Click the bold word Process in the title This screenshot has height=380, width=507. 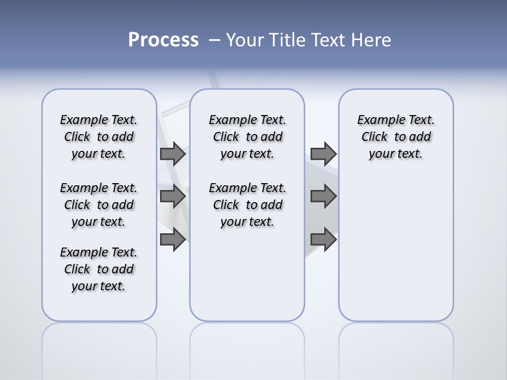point(163,40)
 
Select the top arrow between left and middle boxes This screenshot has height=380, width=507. point(173,154)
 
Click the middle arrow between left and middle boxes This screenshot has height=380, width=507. point(173,196)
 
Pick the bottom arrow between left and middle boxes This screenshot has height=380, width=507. point(173,239)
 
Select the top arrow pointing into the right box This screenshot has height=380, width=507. point(323,154)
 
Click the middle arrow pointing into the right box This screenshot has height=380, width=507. point(323,196)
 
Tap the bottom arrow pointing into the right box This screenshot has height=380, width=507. point(323,239)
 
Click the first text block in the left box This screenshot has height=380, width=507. point(99,137)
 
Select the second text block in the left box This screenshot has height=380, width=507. point(99,205)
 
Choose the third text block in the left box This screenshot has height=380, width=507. point(99,269)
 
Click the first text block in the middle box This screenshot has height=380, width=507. point(247,137)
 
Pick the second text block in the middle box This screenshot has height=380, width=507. point(247,205)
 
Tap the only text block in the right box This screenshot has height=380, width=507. point(396,137)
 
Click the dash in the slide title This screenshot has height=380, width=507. point(214,40)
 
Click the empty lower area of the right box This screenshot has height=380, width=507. point(396,248)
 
